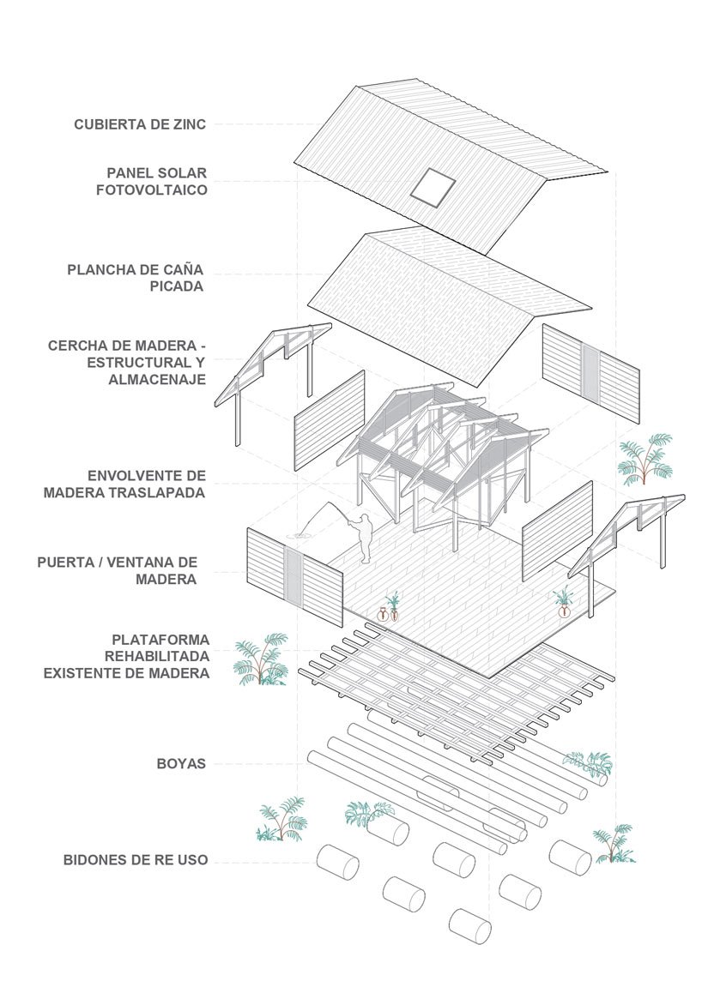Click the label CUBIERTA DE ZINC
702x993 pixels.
140,124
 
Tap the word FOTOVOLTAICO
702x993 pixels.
152,190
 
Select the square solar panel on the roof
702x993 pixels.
431,186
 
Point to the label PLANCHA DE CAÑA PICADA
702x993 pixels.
137,278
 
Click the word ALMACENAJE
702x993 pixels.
157,379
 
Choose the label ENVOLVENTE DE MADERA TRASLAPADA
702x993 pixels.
146,484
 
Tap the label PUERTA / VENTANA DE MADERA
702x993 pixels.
118,571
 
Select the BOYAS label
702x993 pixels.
181,762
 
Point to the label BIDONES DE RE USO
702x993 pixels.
135,859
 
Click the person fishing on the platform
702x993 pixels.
365,538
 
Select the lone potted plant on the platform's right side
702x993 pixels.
564,601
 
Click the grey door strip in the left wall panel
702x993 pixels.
294,580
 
